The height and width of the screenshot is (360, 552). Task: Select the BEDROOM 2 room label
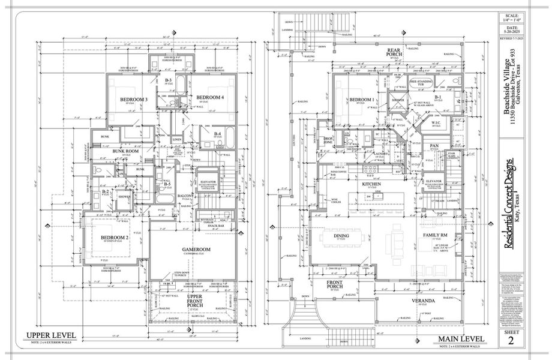point(114,238)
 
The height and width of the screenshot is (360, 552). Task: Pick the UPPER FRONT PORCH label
point(193,301)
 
